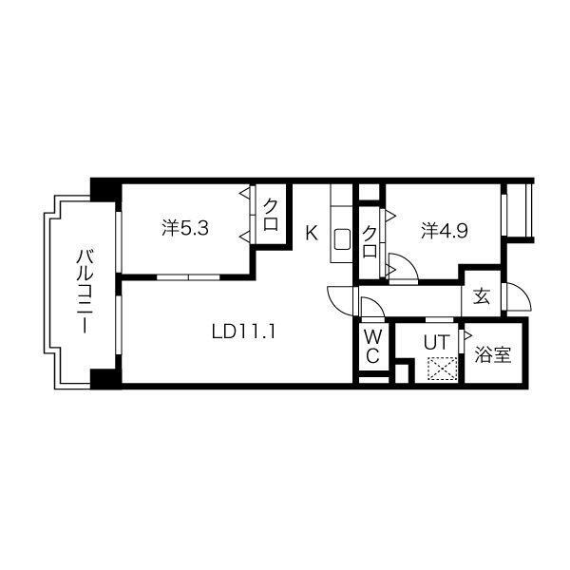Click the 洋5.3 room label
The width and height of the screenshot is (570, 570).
(185, 229)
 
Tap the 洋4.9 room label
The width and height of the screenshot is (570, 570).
(445, 231)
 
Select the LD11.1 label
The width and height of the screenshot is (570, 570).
(243, 332)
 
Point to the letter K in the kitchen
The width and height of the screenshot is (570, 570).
(312, 233)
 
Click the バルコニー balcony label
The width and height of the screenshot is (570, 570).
(85, 291)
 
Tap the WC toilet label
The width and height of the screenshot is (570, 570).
(372, 347)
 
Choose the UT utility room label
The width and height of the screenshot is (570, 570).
(437, 342)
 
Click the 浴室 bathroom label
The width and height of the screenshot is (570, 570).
(493, 354)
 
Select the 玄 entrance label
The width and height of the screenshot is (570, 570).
(482, 296)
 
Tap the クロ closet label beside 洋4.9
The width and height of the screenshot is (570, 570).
(370, 241)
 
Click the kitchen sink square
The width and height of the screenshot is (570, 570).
(342, 239)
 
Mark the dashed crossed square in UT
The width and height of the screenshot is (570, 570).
(442, 369)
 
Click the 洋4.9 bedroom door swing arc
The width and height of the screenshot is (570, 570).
(408, 261)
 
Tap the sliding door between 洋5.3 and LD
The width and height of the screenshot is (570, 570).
(188, 277)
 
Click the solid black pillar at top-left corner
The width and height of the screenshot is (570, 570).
(105, 190)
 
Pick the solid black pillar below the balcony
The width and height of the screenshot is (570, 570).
(105, 379)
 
